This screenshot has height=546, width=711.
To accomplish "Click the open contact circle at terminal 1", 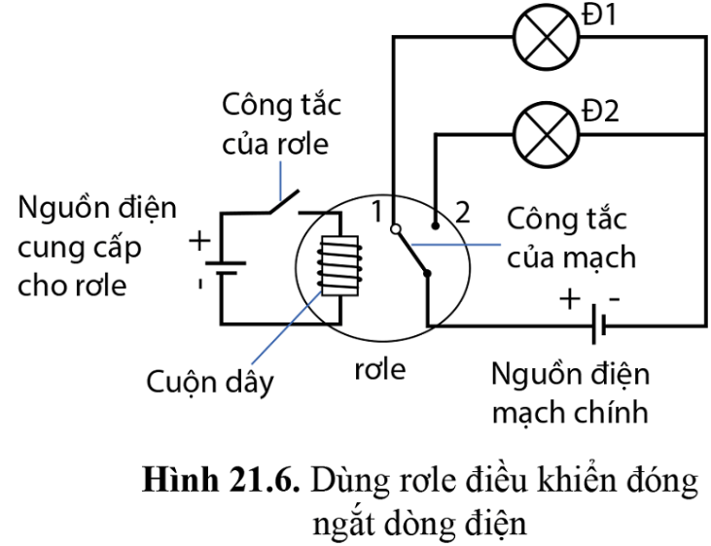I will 395,230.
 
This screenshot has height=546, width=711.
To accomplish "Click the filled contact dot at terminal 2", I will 437,225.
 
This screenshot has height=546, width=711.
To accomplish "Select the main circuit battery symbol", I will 600,326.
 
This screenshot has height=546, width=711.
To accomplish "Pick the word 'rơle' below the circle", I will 378,370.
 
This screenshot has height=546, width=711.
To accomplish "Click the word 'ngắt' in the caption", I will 341,526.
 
